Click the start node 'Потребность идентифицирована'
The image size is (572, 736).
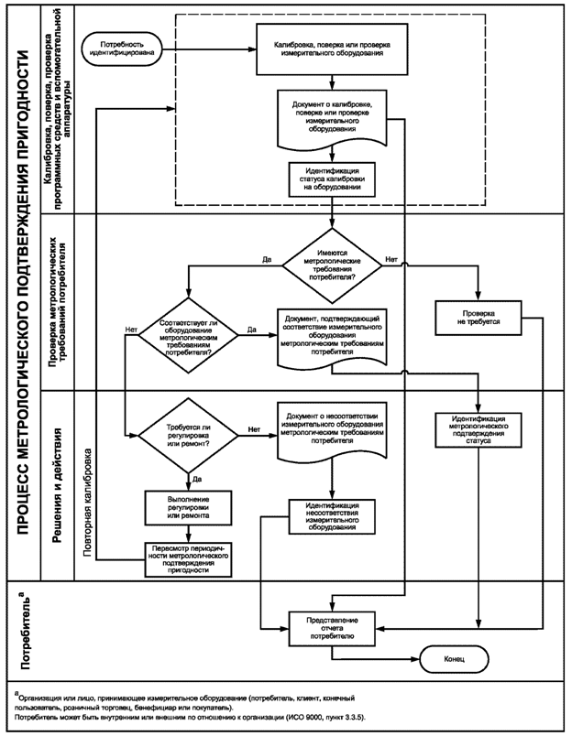(121, 49)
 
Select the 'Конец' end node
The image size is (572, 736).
(454, 658)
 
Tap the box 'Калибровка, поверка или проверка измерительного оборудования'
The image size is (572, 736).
(332, 49)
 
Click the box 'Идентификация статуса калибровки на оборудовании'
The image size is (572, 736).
(332, 179)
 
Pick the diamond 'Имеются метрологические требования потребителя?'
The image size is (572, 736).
(332, 265)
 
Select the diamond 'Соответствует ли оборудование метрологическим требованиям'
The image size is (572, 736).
(189, 336)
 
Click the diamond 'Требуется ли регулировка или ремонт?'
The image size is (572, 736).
(189, 436)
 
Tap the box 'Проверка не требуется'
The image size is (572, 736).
(478, 318)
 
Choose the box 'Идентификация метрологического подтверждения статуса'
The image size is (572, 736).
(478, 430)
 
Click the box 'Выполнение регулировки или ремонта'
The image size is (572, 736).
(189, 507)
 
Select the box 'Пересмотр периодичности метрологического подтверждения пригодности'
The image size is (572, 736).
(189, 559)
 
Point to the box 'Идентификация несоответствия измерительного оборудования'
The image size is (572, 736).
(332, 516)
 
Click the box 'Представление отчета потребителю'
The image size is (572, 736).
(332, 629)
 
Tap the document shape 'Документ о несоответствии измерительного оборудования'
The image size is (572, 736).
(332, 430)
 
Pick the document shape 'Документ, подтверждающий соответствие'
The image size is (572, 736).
(332, 337)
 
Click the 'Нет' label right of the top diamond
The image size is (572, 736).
(391, 259)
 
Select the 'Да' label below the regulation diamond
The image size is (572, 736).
(197, 480)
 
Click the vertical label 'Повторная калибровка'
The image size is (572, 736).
(88, 502)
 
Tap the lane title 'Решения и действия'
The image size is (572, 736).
(58, 485)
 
